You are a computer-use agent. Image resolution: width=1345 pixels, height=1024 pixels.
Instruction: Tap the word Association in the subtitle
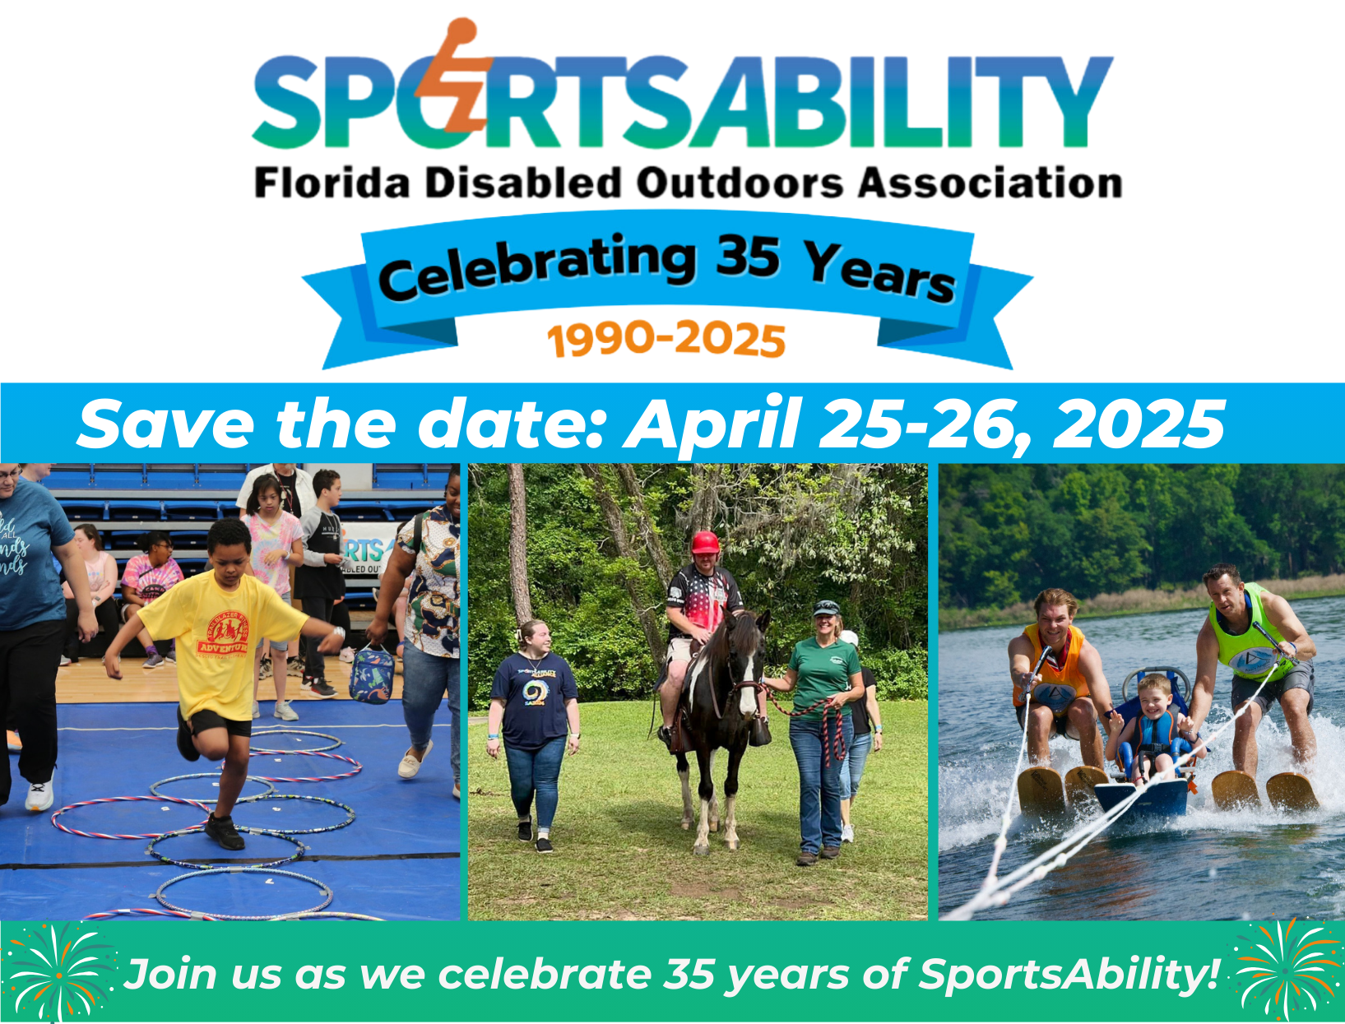990,183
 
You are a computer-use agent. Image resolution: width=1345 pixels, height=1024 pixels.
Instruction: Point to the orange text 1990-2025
666,339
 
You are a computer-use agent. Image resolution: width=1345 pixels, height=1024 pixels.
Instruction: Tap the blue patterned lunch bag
371,674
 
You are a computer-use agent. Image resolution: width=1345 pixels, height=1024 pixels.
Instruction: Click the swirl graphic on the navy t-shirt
532,692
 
